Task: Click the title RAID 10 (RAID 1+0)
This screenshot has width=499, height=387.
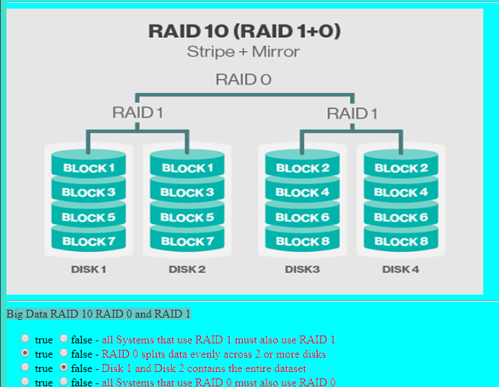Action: pos(244,31)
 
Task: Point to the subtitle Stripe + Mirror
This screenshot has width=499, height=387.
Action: pos(243,52)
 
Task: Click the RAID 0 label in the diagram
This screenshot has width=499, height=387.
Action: pos(243,79)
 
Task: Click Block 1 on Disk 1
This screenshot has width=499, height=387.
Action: pos(89,168)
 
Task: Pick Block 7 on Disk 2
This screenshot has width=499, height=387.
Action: pos(187,241)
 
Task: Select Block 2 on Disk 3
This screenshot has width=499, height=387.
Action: pos(303,168)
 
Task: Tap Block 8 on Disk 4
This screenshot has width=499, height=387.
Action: pos(401,241)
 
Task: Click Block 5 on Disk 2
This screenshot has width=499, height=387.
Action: pos(187,217)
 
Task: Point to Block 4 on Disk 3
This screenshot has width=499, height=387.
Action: pos(303,192)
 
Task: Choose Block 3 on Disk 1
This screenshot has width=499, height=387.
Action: pos(89,192)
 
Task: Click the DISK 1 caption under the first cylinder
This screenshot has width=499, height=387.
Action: pos(89,270)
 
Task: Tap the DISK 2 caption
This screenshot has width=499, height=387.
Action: pos(187,270)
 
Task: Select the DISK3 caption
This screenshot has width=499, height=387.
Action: pos(302,270)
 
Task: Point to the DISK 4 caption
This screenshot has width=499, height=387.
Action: pos(401,270)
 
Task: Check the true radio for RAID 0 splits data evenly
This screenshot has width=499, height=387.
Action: pos(26,353)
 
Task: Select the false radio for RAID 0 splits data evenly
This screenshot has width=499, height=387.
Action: pos(64,353)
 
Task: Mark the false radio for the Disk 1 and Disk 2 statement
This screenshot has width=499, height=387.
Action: pos(64,368)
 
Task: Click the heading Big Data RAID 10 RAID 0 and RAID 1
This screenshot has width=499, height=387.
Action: pos(99,313)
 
